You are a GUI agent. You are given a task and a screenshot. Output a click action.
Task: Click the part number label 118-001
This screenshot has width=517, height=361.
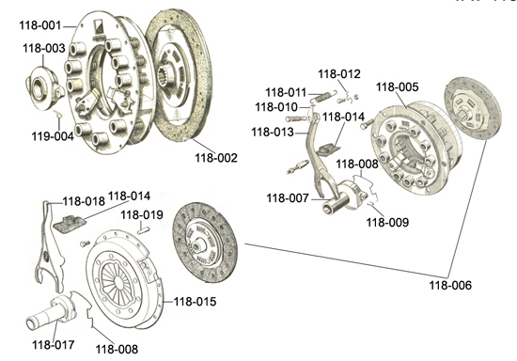point(40,25)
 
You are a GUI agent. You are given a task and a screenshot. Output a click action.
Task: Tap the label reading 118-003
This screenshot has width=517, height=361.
point(44,48)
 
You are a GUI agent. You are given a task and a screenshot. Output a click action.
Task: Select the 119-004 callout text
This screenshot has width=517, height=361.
point(53,135)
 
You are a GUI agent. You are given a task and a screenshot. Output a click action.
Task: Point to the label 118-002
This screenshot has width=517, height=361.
point(216,158)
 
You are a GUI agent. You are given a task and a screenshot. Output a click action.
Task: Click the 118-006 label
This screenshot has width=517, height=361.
point(450,285)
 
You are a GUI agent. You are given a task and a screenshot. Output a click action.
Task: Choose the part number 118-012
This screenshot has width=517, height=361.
point(339,74)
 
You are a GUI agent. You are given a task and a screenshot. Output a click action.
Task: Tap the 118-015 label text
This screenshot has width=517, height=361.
point(195,302)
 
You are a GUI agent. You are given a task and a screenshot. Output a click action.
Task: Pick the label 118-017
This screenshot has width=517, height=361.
point(54,345)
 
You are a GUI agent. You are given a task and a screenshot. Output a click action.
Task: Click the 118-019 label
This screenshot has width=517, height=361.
point(142,215)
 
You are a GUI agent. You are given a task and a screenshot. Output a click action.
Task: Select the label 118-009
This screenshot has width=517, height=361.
point(387,222)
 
